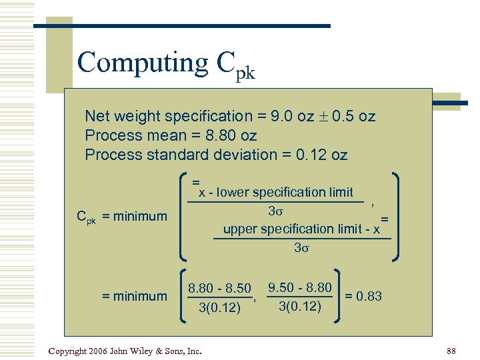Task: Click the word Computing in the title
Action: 143,63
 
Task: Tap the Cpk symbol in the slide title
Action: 235,66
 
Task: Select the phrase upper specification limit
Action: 293,229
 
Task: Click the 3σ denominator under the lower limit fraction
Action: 276,211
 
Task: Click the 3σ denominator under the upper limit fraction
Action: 303,248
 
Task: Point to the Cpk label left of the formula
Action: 85,217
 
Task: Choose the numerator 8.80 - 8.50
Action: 219,289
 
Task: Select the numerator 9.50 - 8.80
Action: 299,288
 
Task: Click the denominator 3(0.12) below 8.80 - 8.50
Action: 219,307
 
